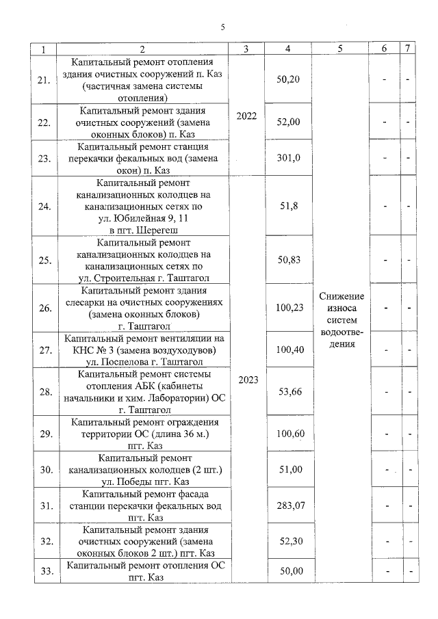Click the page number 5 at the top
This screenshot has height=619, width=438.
(222, 27)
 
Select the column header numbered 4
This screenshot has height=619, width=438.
(288, 49)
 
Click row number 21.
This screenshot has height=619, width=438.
(44, 79)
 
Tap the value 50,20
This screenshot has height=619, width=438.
(288, 79)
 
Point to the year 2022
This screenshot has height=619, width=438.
(246, 116)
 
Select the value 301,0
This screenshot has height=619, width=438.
(288, 158)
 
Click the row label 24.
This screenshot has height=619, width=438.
(44, 205)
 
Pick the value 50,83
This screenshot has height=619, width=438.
(288, 259)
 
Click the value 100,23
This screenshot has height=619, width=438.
(288, 308)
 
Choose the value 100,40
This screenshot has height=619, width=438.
(288, 350)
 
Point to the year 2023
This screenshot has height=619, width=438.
(246, 380)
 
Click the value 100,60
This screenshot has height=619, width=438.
(288, 434)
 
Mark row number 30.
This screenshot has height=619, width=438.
(44, 469)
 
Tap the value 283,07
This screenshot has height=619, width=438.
(288, 506)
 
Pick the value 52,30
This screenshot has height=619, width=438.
(288, 541)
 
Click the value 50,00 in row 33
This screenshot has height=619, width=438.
(288, 571)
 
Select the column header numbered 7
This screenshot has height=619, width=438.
(408, 49)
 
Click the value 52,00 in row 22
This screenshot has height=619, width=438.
(288, 121)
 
